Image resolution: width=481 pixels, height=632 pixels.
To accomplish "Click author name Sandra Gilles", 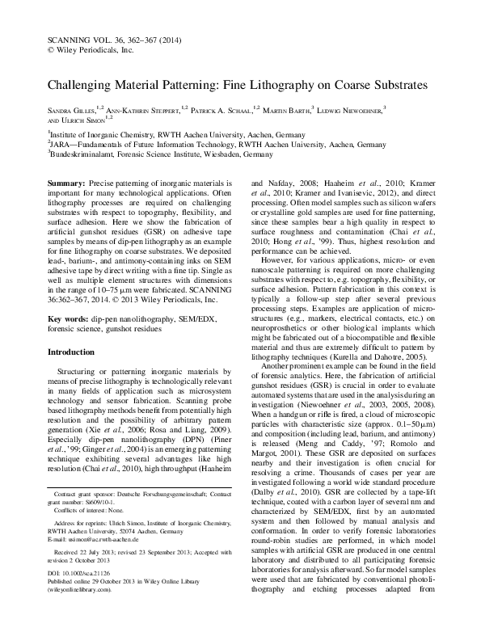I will coord(74,107).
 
